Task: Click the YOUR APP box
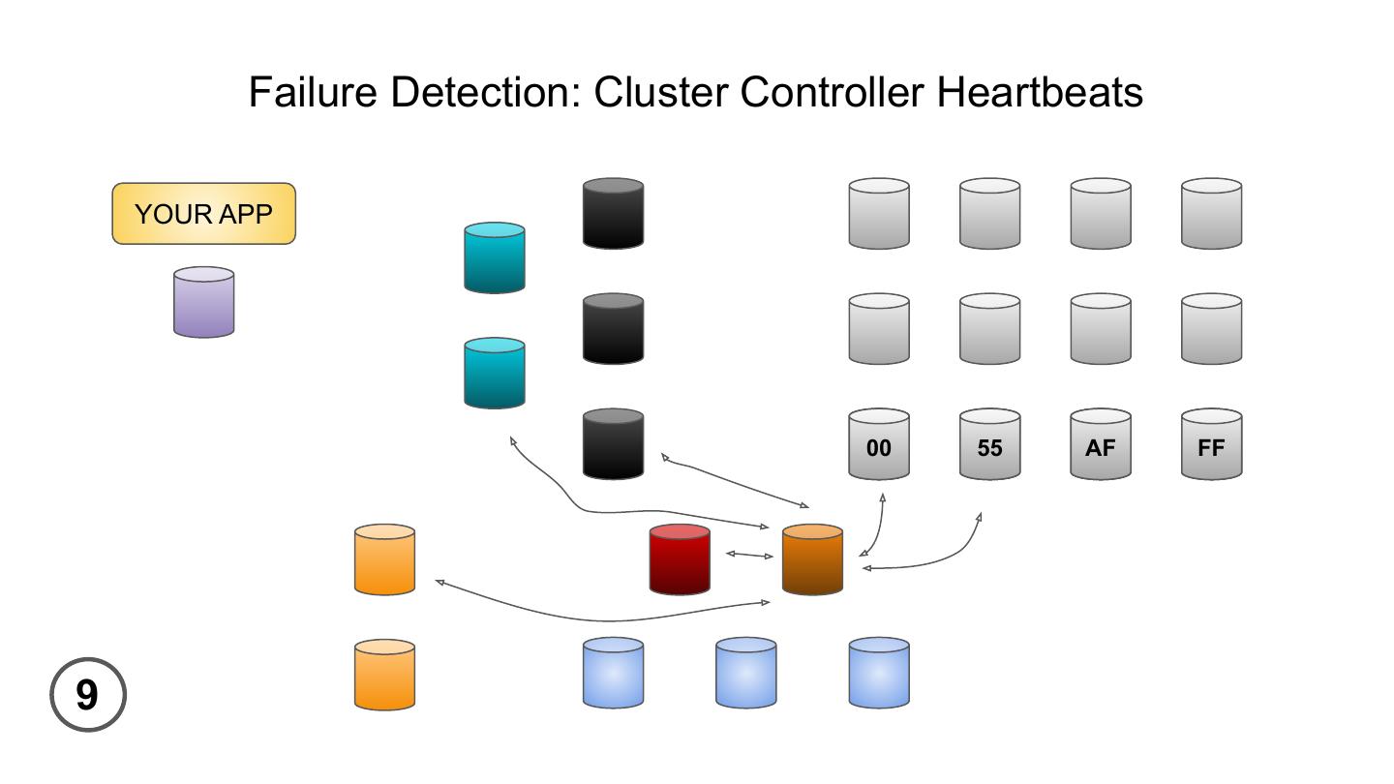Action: [203, 214]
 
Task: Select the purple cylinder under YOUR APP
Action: [203, 303]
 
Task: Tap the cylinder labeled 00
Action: [879, 444]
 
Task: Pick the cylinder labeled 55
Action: [989, 444]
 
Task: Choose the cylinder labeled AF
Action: [1101, 444]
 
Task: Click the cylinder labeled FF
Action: [1211, 444]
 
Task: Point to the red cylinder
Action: [680, 559]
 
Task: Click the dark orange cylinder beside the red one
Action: [812, 559]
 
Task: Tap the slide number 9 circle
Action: [88, 694]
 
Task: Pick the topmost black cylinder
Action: [613, 213]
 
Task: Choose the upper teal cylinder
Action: [495, 257]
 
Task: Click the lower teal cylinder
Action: [495, 373]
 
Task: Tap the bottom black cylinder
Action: [613, 444]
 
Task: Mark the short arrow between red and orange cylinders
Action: [749, 555]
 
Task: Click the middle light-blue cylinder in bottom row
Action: [745, 673]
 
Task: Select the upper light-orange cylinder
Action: [384, 559]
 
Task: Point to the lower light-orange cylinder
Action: [384, 675]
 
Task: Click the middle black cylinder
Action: [613, 329]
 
